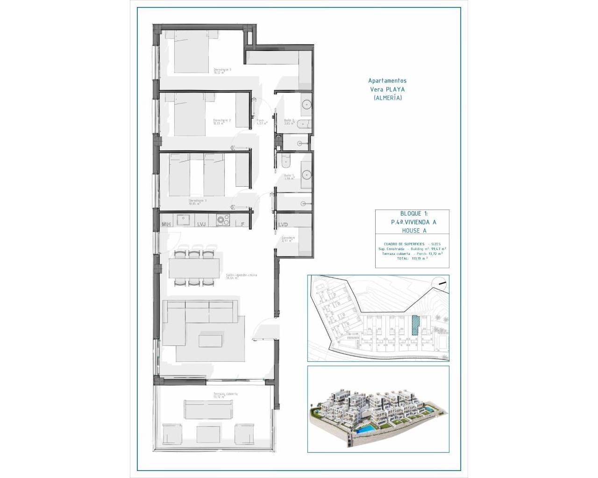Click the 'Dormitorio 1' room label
click(222, 70)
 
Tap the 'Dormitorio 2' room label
click(222, 121)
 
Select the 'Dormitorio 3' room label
click(198, 202)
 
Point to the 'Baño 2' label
click(290, 121)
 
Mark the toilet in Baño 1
click(285, 160)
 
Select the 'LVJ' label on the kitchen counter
click(201, 225)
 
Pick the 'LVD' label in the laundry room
click(283, 225)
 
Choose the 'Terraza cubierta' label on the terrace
click(225, 394)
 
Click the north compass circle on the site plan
click(440, 283)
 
